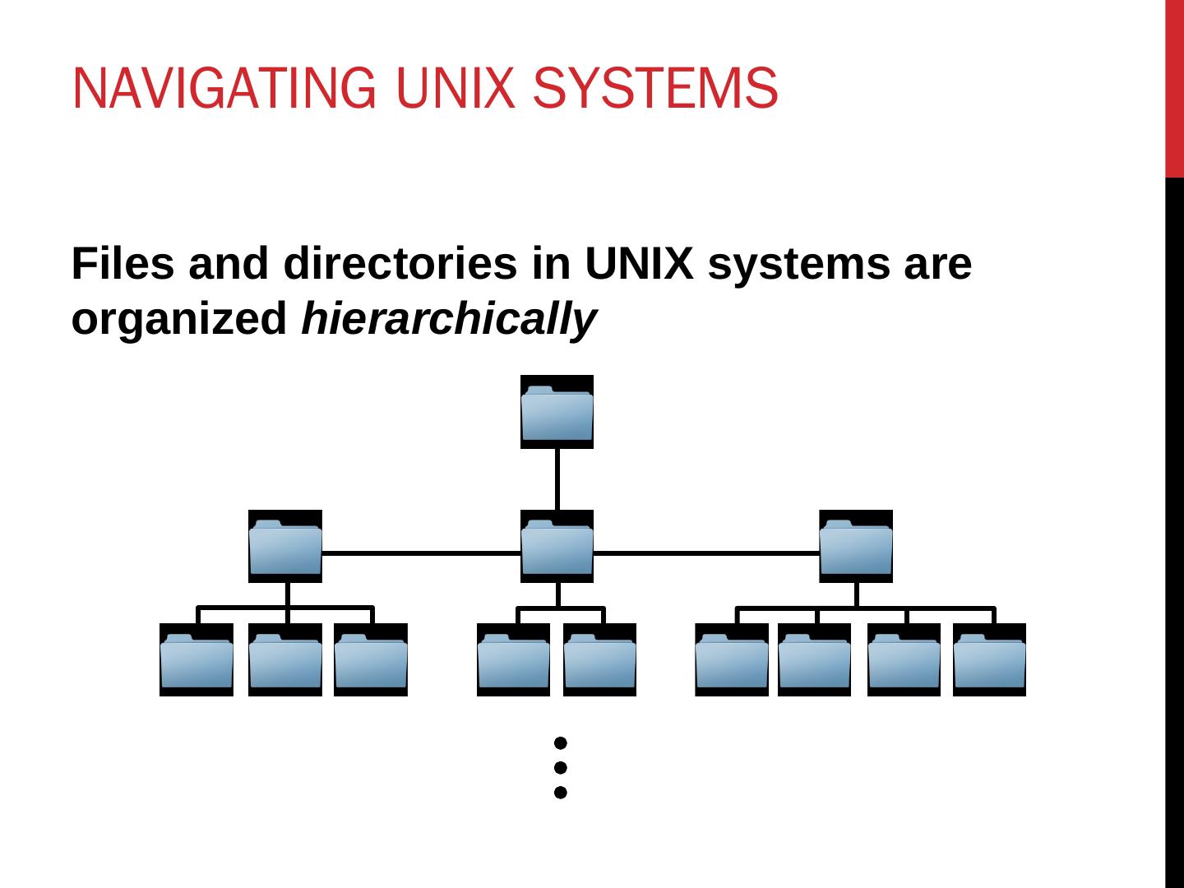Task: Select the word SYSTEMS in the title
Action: tap(654, 88)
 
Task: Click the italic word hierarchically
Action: tap(448, 319)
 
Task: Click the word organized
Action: tap(178, 319)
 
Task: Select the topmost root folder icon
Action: tap(557, 412)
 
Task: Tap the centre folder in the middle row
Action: tap(557, 547)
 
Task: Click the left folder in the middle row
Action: tap(284, 547)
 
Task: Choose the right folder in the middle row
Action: tap(855, 547)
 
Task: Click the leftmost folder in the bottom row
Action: tap(196, 660)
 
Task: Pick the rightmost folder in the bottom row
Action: tap(989, 660)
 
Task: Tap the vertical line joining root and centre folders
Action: tap(557, 479)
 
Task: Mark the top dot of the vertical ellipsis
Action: tap(560, 743)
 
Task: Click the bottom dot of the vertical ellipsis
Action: tap(560, 793)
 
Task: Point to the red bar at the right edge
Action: tap(1174, 88)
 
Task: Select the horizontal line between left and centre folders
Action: tap(421, 553)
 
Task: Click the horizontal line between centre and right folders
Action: tap(705, 553)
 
